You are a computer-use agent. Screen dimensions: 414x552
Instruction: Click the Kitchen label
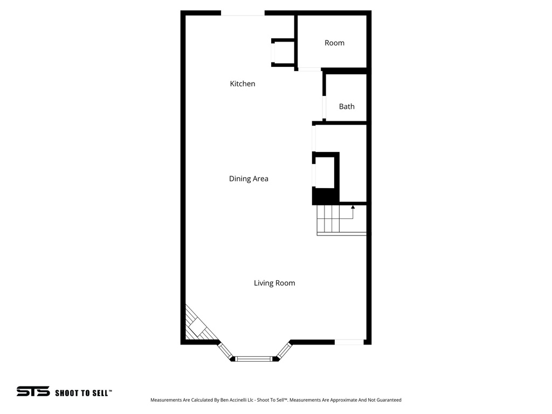pyautogui.click(x=243, y=84)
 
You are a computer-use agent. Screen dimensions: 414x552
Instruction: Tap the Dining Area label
pyautogui.click(x=249, y=178)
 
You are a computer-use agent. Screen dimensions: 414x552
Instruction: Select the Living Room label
pyautogui.click(x=274, y=283)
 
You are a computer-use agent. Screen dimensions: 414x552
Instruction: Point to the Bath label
pyautogui.click(x=347, y=107)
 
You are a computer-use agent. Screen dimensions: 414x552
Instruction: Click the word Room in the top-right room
pyautogui.click(x=334, y=43)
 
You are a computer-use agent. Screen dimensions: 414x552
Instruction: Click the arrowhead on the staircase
pyautogui.click(x=353, y=206)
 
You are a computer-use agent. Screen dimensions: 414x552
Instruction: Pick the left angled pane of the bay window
pyautogui.click(x=225, y=350)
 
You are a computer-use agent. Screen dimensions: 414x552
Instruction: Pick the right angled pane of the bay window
pyautogui.click(x=284, y=350)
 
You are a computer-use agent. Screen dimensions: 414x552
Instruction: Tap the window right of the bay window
pyautogui.click(x=349, y=342)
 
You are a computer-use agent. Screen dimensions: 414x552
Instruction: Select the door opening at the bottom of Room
pyautogui.click(x=309, y=69)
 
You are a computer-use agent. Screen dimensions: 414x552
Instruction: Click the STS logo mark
pyautogui.click(x=33, y=392)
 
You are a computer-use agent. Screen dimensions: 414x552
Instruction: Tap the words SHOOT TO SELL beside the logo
pyautogui.click(x=83, y=393)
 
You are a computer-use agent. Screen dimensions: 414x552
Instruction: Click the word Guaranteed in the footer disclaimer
pyautogui.click(x=386, y=400)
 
